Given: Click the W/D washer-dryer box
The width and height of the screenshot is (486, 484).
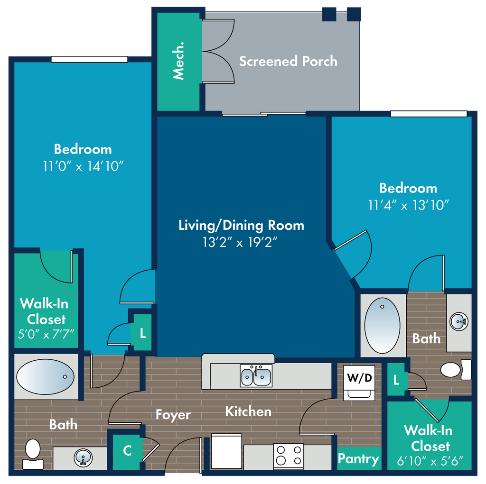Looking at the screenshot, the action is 359,383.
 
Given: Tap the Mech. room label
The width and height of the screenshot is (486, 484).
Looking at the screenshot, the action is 178,61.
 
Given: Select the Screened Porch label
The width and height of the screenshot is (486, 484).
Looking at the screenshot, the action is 288,61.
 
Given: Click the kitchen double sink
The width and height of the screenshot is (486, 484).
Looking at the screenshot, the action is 256,375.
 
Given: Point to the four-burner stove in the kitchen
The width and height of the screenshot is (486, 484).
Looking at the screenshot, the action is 289,456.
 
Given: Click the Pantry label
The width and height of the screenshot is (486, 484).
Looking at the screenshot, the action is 359,458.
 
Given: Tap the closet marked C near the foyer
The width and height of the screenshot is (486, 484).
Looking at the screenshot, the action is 127,450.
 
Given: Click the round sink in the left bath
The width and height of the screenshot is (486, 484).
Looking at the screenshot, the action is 83,457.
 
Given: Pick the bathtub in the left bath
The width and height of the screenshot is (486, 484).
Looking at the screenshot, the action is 45,376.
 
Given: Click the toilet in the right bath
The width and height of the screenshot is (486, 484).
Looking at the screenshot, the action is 456,370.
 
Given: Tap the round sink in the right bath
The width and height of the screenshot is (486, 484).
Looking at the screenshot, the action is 459,322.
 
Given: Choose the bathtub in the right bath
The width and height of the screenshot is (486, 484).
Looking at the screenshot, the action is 382,326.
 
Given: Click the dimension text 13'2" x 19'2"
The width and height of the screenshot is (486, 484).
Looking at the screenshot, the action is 240,242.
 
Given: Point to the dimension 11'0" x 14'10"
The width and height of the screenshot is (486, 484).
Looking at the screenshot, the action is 83,166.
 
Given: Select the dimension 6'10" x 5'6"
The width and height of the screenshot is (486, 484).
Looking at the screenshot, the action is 430,461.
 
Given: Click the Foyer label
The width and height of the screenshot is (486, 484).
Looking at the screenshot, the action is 173,415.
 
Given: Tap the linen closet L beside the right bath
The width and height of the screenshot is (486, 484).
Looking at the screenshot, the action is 396,380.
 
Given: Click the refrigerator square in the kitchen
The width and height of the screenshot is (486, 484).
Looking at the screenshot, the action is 226,451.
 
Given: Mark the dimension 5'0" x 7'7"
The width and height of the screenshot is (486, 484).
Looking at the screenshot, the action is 46,334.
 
